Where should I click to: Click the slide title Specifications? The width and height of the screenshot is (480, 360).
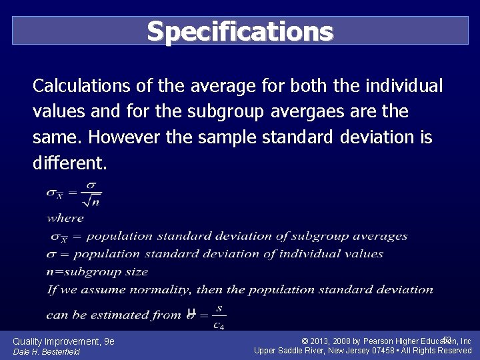[x=240, y=31]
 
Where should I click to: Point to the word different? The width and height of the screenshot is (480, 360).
[x=67, y=163]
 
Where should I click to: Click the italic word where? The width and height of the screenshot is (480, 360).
[x=65, y=218]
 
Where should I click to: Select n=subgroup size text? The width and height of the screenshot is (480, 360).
[x=97, y=271]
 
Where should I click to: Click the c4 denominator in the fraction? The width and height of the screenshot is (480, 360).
[x=219, y=325]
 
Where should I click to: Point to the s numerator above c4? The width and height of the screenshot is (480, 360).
[x=219, y=309]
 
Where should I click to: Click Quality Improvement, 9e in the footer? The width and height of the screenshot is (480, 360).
[x=63, y=341]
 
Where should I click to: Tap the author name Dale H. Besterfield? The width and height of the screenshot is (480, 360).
[x=46, y=351]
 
